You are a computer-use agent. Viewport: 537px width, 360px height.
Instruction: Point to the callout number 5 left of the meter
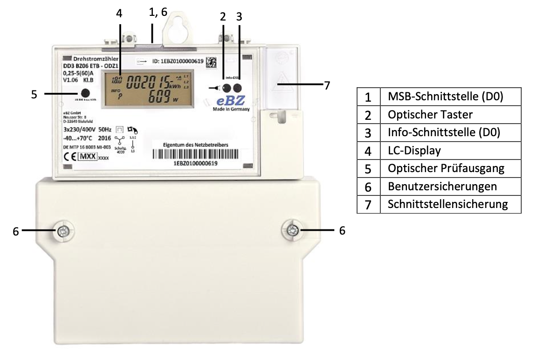[x=34, y=94]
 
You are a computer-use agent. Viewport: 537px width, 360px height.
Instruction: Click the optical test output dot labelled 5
[x=85, y=93]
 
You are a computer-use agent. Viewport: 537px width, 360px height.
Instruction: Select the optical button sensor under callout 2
[x=227, y=88]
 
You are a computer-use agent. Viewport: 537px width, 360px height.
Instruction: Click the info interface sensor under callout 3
[x=238, y=88]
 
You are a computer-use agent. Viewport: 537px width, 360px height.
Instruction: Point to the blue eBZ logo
[x=230, y=101]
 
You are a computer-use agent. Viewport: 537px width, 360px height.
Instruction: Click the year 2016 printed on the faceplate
[x=105, y=138]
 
